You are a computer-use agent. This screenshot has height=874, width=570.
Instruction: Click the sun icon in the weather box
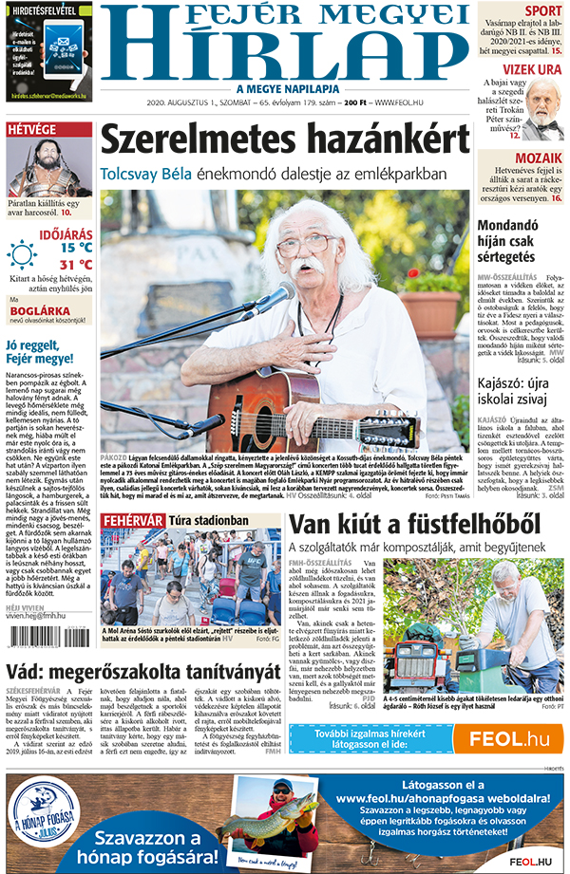pyautogui.click(x=22, y=254)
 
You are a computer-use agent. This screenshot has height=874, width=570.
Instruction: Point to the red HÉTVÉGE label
pyautogui.click(x=31, y=130)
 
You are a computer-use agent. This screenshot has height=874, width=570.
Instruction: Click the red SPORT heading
pyautogui.click(x=543, y=11)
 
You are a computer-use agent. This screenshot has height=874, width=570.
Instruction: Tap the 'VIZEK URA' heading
pyautogui.click(x=520, y=69)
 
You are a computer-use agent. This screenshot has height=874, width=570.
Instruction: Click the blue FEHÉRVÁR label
pyautogui.click(x=133, y=520)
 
